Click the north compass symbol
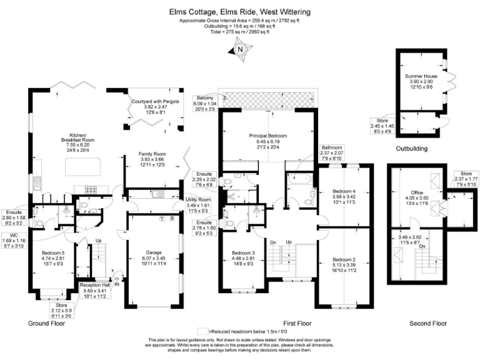point(239,49)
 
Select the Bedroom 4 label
point(343,191)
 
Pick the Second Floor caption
point(428,323)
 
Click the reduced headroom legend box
point(203,331)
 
